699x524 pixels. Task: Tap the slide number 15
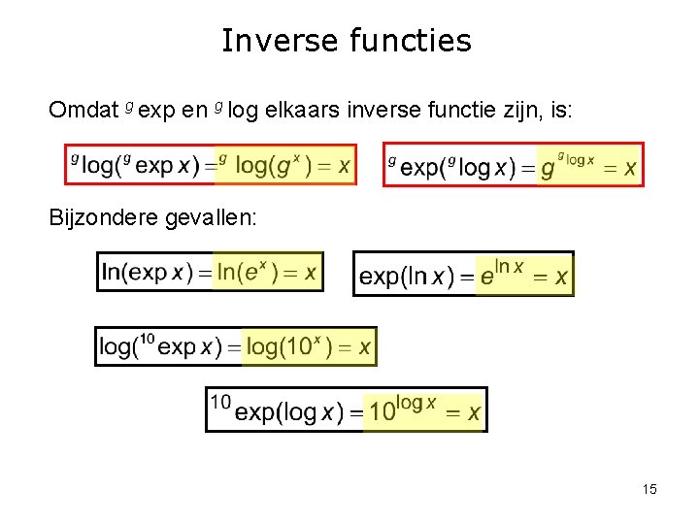click(x=649, y=489)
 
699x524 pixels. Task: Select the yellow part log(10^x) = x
click(x=308, y=347)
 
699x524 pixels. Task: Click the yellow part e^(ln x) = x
click(x=523, y=276)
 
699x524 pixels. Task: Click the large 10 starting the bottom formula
click(x=220, y=401)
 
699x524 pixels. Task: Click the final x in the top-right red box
click(x=630, y=169)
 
